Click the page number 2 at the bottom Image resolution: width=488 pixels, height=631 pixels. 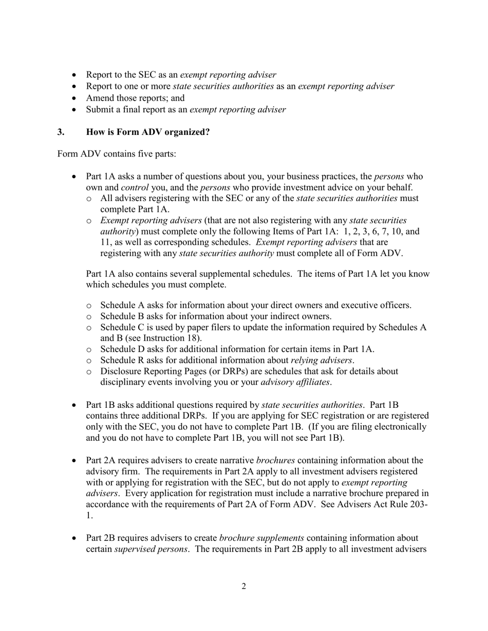click(x=243, y=586)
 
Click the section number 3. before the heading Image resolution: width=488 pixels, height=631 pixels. click(x=61, y=132)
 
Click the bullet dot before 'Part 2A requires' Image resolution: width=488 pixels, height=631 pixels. click(x=75, y=460)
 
